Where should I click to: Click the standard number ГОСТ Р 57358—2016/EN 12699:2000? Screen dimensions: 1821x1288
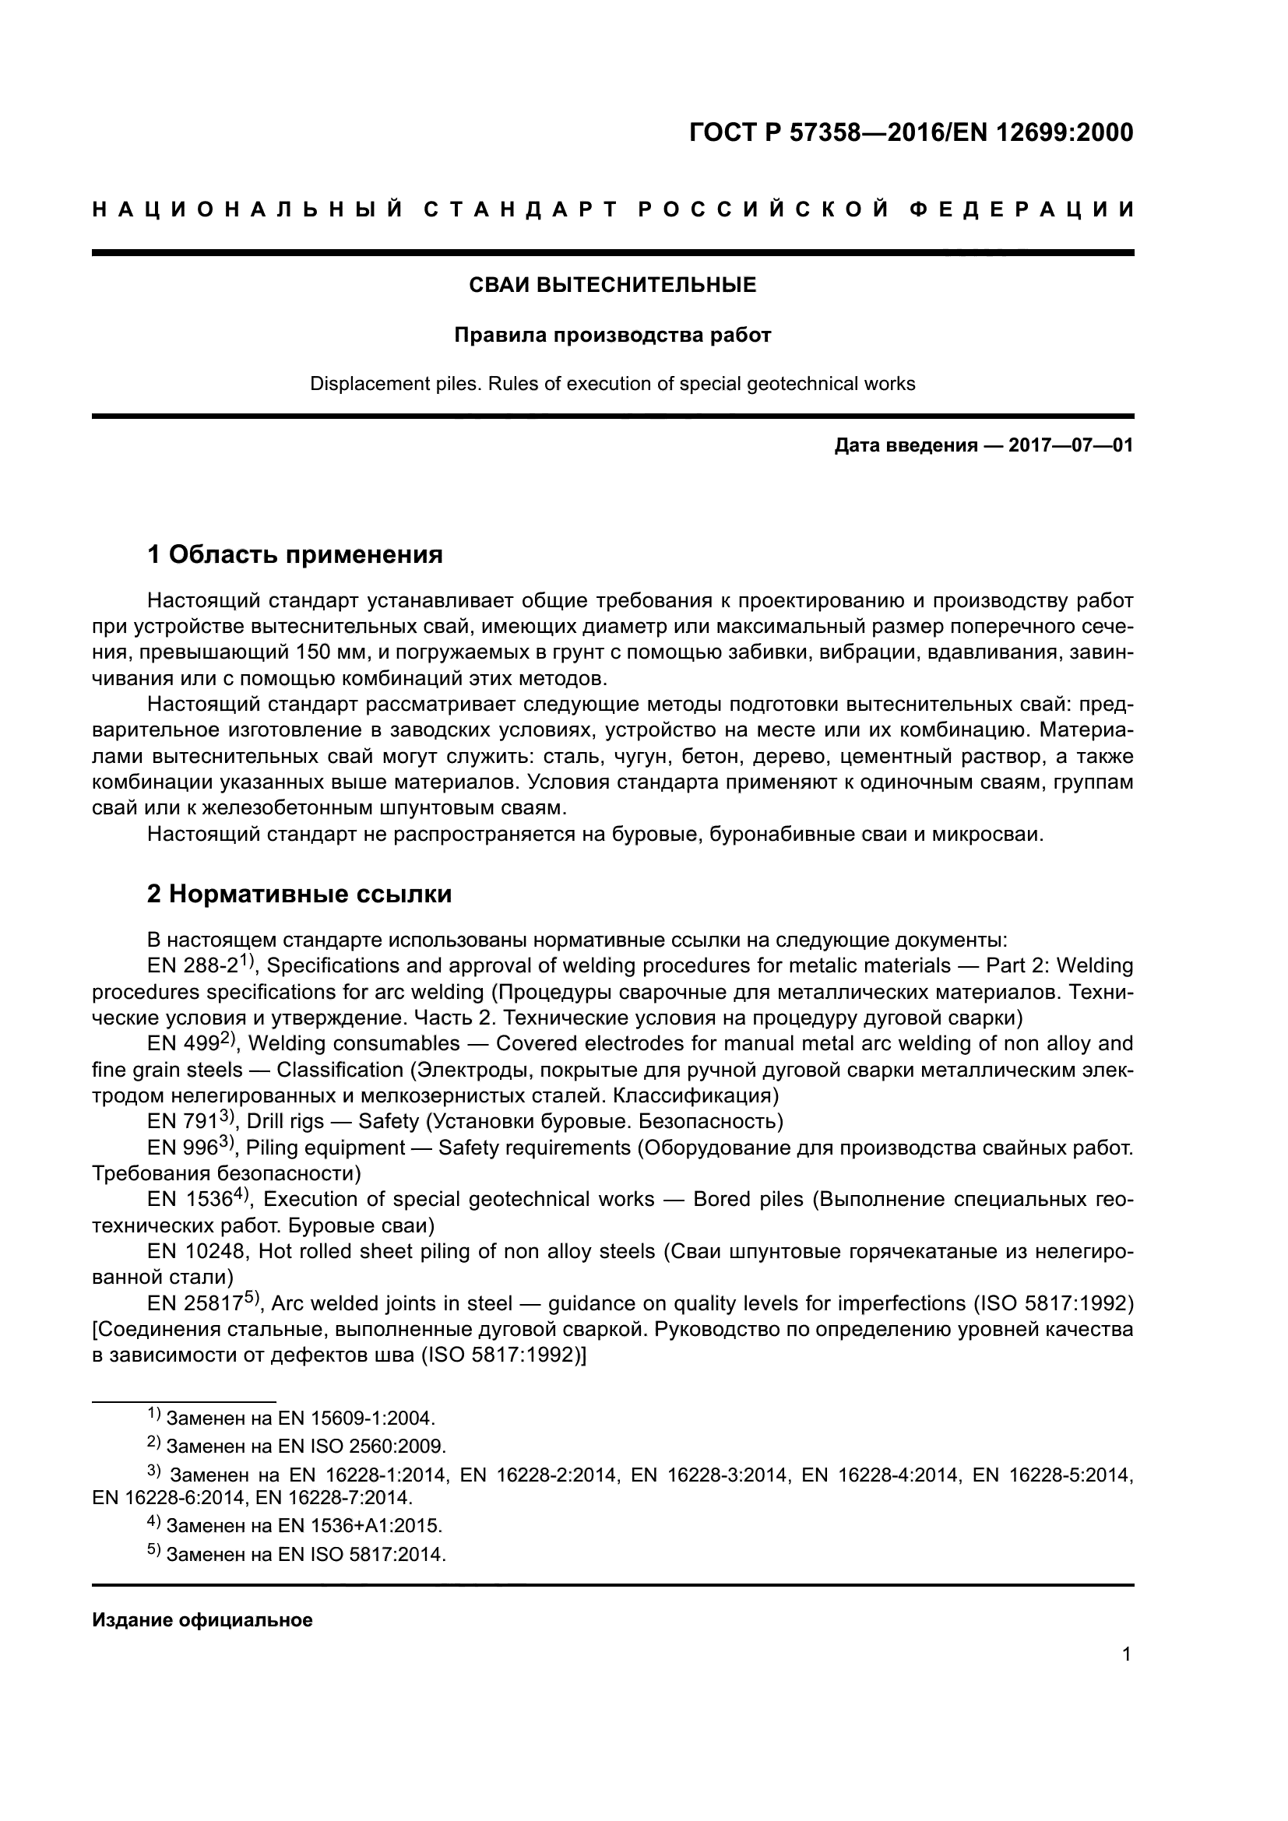point(911,132)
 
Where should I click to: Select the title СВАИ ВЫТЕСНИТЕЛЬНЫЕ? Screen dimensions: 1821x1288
point(612,286)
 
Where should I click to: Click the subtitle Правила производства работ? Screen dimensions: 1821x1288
point(612,336)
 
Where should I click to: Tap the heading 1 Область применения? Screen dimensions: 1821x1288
point(295,554)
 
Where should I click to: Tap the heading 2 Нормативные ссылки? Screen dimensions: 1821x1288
point(300,894)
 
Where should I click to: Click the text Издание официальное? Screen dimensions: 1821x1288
point(202,1620)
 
